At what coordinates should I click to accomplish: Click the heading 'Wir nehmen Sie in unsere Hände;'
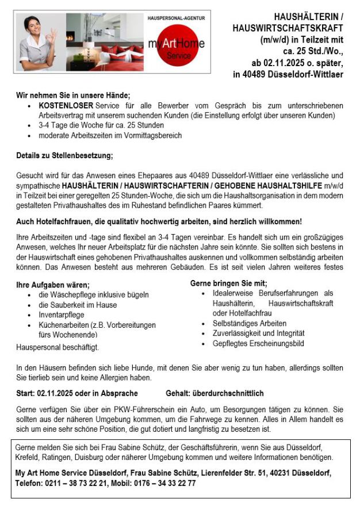coord(73,95)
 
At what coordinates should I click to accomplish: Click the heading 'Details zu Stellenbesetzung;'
coord(64,155)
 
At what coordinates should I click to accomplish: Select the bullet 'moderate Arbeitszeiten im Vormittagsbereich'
coord(110,136)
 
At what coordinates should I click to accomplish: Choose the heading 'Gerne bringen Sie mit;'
coord(228,283)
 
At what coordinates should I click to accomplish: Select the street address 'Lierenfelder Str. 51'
coord(215,473)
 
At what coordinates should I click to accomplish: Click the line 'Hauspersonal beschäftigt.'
coord(58,347)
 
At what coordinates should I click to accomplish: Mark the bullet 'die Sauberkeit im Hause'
coord(78,305)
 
